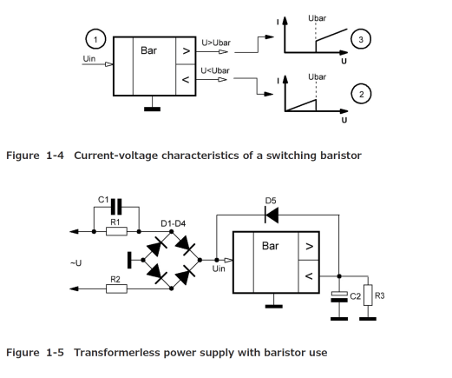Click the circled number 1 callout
95,39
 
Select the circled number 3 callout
361,39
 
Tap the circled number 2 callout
361,94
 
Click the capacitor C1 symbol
116,207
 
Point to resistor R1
116,231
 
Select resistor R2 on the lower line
116,288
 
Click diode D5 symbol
272,215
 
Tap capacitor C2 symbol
339,296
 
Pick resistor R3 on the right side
368,295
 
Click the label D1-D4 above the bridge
174,223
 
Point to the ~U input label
75,263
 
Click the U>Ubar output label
216,43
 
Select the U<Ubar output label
215,70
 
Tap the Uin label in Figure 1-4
89,59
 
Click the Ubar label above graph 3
317,18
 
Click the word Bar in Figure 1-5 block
271,246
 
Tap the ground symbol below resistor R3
368,319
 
